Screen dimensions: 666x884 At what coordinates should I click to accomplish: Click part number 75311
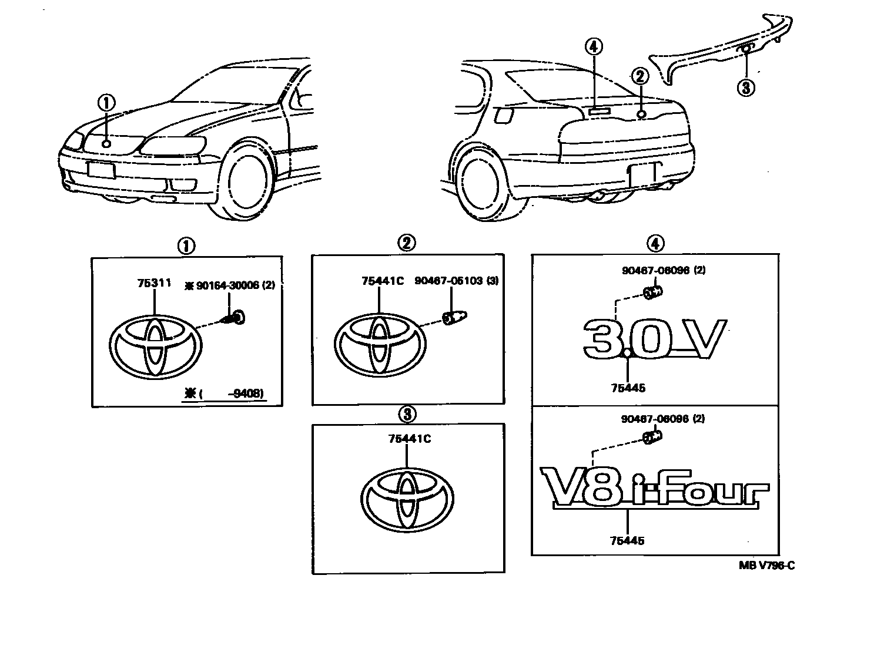tap(154, 283)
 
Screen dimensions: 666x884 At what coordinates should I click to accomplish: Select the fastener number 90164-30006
tap(225, 285)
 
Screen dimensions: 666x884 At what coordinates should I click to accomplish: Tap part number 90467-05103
tap(448, 281)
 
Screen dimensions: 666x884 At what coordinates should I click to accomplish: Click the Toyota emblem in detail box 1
tap(155, 347)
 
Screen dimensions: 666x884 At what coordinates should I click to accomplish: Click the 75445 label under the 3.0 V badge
tap(628, 388)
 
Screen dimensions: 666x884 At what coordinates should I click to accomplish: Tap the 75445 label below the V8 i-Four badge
tap(627, 541)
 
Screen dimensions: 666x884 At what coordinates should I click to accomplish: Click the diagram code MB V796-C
tap(767, 566)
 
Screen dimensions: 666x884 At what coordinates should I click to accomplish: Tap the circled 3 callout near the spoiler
tap(745, 88)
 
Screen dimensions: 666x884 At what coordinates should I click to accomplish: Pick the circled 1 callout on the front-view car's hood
tap(106, 103)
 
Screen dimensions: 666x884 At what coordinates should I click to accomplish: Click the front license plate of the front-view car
tap(101, 170)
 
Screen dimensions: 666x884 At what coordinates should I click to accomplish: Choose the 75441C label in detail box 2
tap(382, 281)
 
